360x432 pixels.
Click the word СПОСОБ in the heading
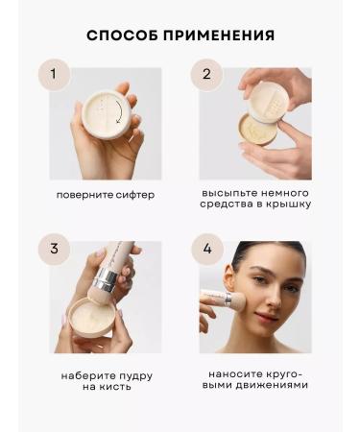coord(121,36)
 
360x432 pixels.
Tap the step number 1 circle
coord(54,73)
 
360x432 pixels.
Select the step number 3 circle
coord(54,248)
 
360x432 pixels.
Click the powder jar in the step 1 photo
coord(104,123)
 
